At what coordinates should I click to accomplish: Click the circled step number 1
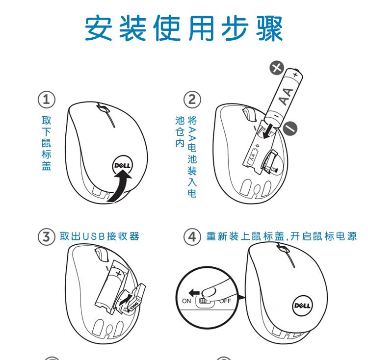(47, 100)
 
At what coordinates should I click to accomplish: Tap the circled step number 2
(192, 100)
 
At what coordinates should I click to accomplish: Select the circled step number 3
(47, 236)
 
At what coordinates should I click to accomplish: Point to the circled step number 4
(192, 236)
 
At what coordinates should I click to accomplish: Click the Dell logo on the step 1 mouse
(123, 166)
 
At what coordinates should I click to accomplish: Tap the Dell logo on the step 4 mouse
(303, 306)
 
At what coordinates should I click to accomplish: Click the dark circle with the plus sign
(276, 68)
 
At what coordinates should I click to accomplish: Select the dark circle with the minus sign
(290, 129)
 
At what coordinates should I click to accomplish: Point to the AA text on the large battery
(287, 97)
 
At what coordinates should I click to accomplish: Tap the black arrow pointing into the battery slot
(267, 132)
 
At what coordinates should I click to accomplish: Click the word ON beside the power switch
(186, 301)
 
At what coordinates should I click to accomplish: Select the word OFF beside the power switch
(225, 301)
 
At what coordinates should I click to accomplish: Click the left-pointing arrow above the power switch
(194, 293)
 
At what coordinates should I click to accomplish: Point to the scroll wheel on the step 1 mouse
(103, 109)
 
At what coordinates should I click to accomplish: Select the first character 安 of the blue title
(99, 28)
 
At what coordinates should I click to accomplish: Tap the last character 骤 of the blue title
(269, 28)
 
